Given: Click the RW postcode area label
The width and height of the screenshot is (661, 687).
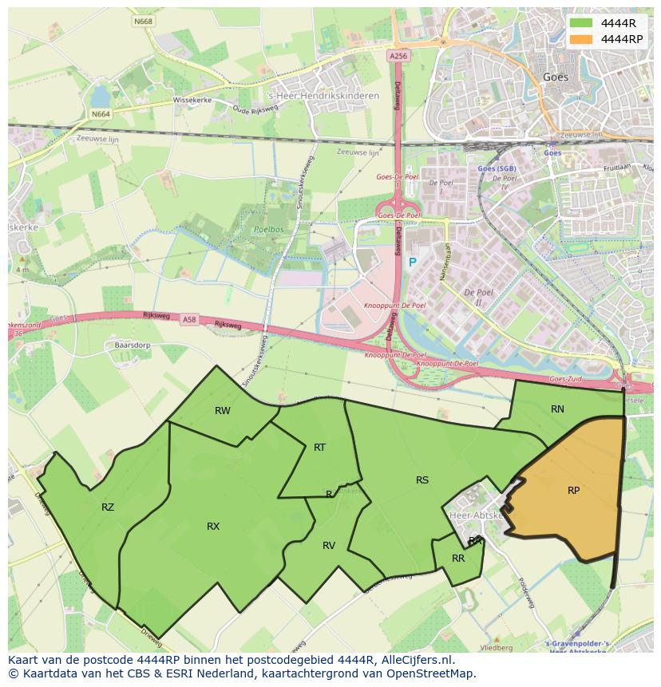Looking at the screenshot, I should pyautogui.click(x=223, y=411).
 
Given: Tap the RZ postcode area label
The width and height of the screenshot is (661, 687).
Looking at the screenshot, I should pyautogui.click(x=108, y=507).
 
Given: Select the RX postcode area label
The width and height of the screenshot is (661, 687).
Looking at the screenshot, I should pyautogui.click(x=213, y=526).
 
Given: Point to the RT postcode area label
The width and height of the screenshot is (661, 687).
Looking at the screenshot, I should pyautogui.click(x=319, y=448).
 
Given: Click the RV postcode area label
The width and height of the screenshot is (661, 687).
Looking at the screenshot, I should pyautogui.click(x=329, y=546).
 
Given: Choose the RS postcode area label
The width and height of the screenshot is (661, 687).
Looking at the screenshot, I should pyautogui.click(x=422, y=480).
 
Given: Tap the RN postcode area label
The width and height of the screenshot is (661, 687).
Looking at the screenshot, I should pyautogui.click(x=557, y=409).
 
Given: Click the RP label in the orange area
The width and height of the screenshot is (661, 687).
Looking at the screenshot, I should pyautogui.click(x=573, y=491).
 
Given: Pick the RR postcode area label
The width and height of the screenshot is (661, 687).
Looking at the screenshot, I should pyautogui.click(x=458, y=559).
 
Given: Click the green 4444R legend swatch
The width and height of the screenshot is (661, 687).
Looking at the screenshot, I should pyautogui.click(x=581, y=23).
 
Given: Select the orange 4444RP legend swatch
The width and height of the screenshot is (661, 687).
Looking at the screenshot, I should pyautogui.click(x=581, y=38).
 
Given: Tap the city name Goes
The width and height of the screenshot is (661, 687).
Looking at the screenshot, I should pyautogui.click(x=555, y=77).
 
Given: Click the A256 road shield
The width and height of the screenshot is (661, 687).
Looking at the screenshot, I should pyautogui.click(x=398, y=56).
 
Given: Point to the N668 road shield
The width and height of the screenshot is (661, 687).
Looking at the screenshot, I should pyautogui.click(x=144, y=21).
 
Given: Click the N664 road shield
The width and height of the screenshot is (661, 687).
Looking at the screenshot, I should pyautogui.click(x=101, y=114).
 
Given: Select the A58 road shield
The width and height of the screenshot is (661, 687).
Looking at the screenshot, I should pyautogui.click(x=189, y=320).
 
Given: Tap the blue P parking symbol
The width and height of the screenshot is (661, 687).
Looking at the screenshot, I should pyautogui.click(x=412, y=263).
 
